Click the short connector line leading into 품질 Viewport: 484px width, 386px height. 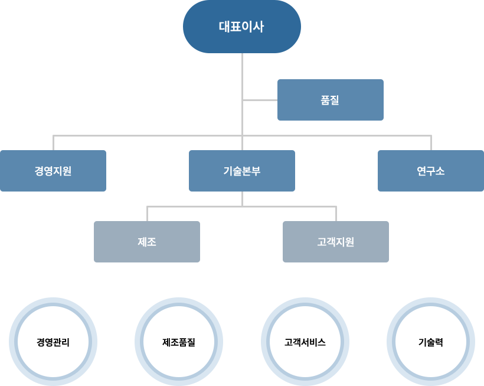click(x=260, y=100)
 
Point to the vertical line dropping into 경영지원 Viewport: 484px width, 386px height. click(x=53, y=142)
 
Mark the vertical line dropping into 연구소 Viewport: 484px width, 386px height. click(x=431, y=142)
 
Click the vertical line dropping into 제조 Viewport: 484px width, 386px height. click(x=147, y=213)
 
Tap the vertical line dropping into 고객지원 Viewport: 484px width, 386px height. click(x=336, y=213)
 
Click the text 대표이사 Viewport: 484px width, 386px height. click(x=242, y=27)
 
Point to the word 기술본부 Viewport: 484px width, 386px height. click(x=242, y=171)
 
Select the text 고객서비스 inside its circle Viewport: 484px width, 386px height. click(x=305, y=342)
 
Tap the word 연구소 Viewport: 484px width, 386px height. click(x=431, y=171)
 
